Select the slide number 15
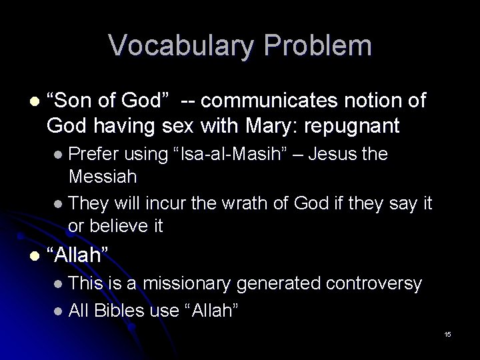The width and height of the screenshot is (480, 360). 447,333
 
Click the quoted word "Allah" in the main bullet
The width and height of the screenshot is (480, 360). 79,254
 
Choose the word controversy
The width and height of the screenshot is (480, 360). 374,284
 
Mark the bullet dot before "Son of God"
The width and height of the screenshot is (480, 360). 26,102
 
